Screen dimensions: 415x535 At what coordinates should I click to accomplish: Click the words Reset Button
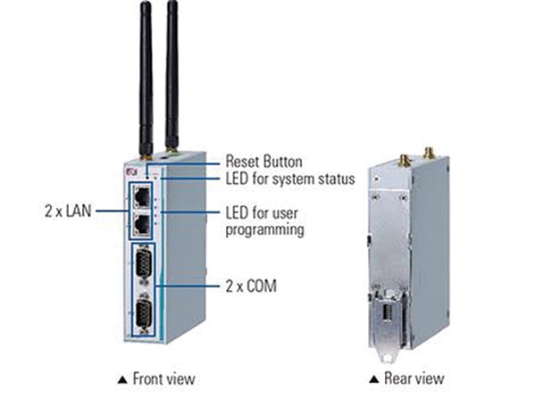[264, 162]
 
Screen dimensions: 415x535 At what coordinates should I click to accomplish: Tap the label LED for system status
[290, 178]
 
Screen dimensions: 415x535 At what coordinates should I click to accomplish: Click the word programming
[265, 229]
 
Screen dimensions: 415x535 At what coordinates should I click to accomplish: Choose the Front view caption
[163, 378]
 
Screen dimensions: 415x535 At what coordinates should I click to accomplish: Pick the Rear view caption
[414, 378]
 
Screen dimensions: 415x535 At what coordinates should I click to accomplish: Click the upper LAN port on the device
[142, 196]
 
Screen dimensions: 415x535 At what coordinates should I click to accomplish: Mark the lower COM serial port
[143, 315]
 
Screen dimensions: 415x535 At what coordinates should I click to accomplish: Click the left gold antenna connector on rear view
[404, 161]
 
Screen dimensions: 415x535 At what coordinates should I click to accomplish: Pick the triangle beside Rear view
[374, 379]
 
